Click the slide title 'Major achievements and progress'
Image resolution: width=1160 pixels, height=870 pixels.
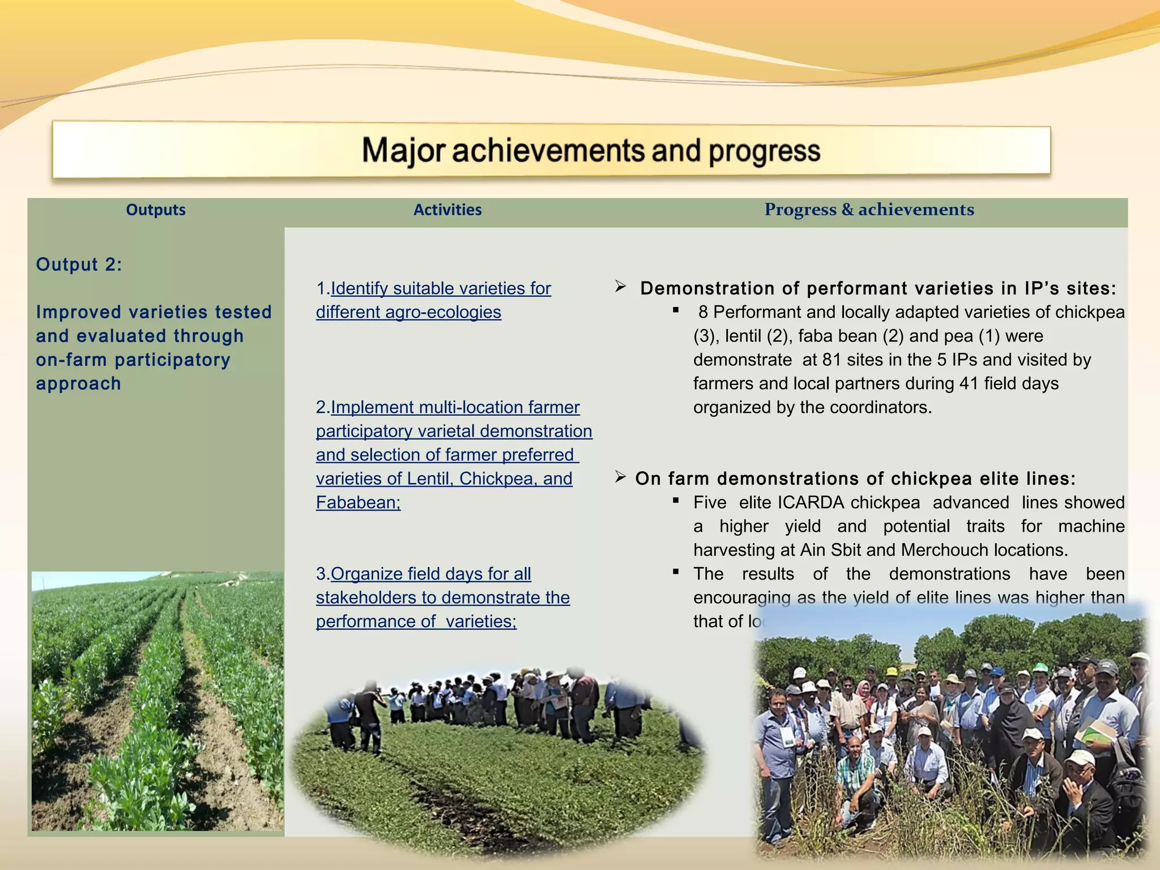pos(591,151)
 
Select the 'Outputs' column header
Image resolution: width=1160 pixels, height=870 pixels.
pos(156,210)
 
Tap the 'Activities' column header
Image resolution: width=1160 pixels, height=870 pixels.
pos(447,210)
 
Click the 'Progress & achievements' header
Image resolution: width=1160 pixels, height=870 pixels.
pos(869,210)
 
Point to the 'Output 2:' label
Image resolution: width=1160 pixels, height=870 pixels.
pos(79,265)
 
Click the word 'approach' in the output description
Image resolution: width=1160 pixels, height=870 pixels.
pos(79,384)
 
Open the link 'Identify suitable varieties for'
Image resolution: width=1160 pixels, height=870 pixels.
pos(441,288)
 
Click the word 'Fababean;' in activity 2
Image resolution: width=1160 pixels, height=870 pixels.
pos(358,502)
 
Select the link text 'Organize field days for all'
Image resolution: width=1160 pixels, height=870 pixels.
pos(430,574)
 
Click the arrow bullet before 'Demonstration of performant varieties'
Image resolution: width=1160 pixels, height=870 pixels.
pos(620,287)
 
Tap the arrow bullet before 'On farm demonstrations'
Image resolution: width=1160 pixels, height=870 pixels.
pos(620,477)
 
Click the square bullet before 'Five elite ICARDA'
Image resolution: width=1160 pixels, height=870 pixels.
pos(676,501)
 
